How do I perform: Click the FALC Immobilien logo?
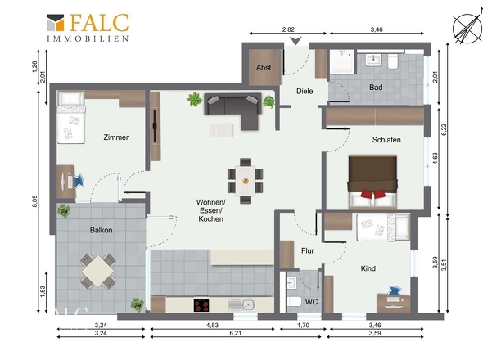coord(88,28)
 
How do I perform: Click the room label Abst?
coord(264,68)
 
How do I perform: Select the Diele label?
coord(305,91)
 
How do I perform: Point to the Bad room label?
coord(376,88)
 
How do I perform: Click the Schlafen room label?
coord(386,140)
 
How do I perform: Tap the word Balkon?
coord(101,230)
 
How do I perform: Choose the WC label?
coord(311,302)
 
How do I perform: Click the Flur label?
coord(308,251)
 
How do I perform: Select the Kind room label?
coord(368,268)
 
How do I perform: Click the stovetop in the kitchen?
coord(201,305)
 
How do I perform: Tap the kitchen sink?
coord(241,305)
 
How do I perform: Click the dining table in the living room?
coord(246,181)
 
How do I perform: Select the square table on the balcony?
coord(98,272)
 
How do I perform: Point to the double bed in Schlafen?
coord(372,182)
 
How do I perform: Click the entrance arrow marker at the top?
coord(296,41)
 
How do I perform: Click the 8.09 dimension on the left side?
coord(35,201)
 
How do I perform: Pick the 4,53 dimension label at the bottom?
coord(212,325)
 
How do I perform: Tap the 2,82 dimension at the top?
coord(288,29)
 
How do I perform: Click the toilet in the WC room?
coord(294,301)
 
